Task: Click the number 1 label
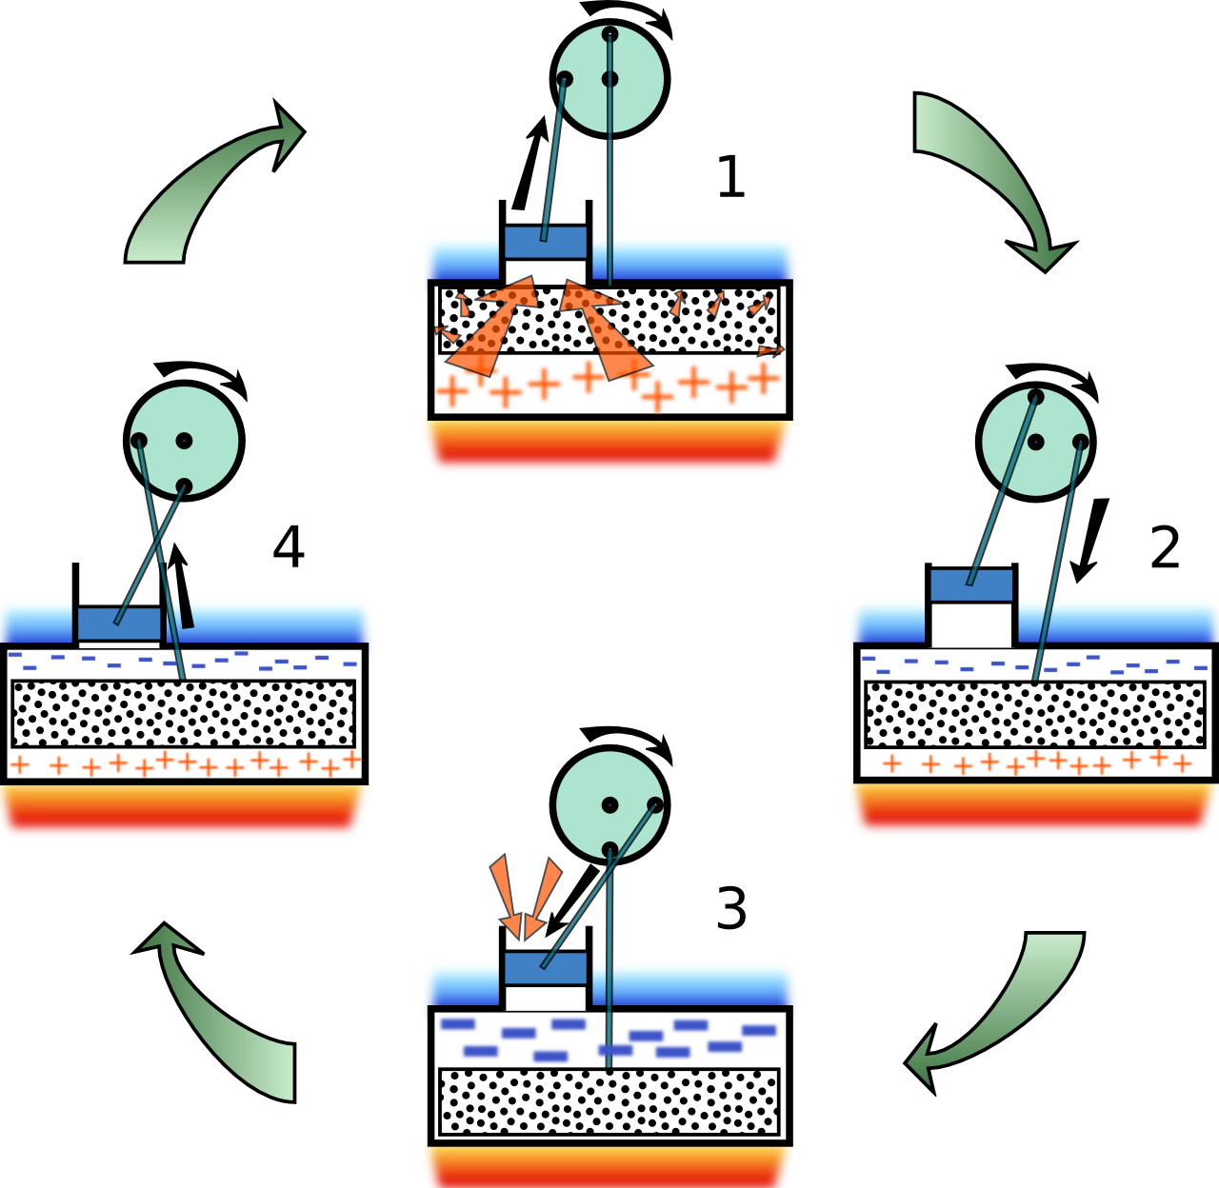730,177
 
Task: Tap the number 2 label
1165,548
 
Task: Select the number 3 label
730,909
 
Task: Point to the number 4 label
289,547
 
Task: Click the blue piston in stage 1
546,241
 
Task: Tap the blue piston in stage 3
545,969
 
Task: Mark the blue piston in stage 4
119,624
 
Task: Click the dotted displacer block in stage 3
609,1101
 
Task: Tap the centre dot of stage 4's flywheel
184,440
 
